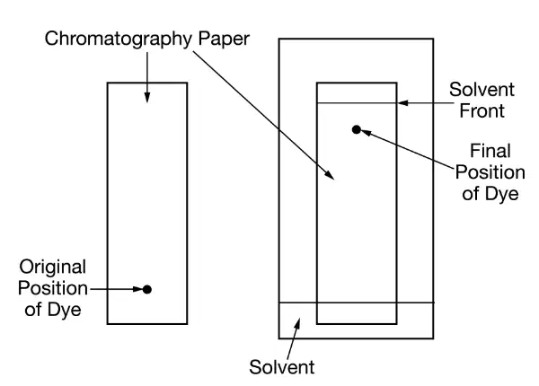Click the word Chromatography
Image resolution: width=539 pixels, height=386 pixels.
119,39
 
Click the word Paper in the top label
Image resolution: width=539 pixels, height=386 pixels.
224,39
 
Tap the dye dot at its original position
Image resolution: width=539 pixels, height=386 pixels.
147,289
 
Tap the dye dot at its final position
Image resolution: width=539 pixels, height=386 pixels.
357,130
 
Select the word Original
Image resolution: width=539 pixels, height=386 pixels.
53,268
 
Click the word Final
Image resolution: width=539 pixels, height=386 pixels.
490,151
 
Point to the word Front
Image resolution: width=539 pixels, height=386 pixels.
482,111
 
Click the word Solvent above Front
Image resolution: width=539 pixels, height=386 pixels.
482,90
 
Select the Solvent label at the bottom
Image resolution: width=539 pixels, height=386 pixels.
281,367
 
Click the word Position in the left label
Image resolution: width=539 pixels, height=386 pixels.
53,288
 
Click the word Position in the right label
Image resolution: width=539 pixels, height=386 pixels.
490,172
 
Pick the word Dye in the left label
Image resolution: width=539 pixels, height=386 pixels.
65,310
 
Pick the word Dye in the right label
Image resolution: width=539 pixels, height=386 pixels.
501,194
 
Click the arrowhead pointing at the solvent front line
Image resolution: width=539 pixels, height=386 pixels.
402,102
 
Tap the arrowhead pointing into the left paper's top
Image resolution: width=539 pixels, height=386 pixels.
147,98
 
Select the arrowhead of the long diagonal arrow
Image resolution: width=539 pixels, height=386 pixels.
331,175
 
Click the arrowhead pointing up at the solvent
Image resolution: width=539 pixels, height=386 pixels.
297,323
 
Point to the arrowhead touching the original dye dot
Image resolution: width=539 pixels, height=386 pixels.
137,289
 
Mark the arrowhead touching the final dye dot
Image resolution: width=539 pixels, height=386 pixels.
366,133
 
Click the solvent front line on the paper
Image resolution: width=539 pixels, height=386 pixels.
357,102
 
